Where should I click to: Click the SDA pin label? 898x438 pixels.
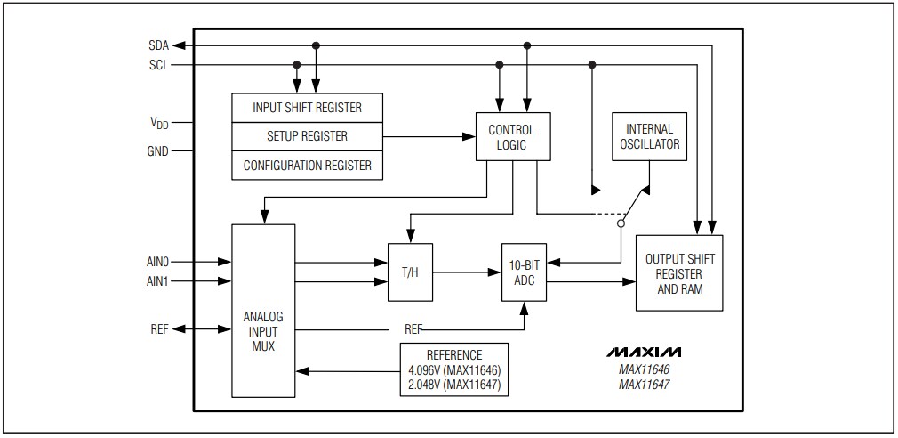[158, 45]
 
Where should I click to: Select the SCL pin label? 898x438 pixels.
[158, 65]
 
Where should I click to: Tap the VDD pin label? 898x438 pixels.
[157, 124]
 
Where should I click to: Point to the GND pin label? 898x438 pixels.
[157, 150]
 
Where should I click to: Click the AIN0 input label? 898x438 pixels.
[156, 263]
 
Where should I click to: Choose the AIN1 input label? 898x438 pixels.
[156, 281]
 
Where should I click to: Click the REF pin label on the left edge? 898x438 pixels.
[159, 328]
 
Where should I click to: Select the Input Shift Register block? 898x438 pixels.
[307, 108]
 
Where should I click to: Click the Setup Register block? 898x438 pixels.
[307, 136]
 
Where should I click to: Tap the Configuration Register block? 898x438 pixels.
[307, 165]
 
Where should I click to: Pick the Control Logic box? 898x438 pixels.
[511, 137]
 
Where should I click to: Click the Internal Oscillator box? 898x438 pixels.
[649, 136]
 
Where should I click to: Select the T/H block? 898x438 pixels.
[409, 272]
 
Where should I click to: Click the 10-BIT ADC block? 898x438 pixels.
[523, 272]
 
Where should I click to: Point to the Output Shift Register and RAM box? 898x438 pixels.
[679, 272]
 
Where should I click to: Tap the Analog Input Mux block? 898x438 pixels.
[262, 310]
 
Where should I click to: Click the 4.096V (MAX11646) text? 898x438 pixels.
[453, 369]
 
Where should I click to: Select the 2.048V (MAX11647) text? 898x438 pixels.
[453, 384]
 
